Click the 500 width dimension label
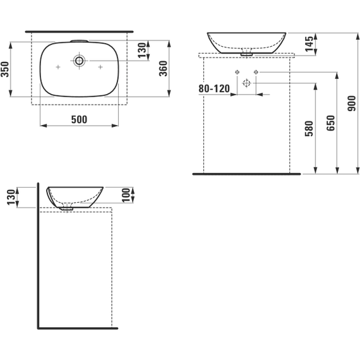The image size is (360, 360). [79, 119]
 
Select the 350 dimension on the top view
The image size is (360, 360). [5, 69]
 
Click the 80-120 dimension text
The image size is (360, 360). [213, 89]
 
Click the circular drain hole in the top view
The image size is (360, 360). [80, 61]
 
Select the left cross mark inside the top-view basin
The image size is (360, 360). [57, 66]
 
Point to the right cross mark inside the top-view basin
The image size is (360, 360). [100, 66]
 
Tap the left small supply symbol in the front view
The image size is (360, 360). [236, 72]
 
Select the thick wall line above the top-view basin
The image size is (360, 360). [79, 30]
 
